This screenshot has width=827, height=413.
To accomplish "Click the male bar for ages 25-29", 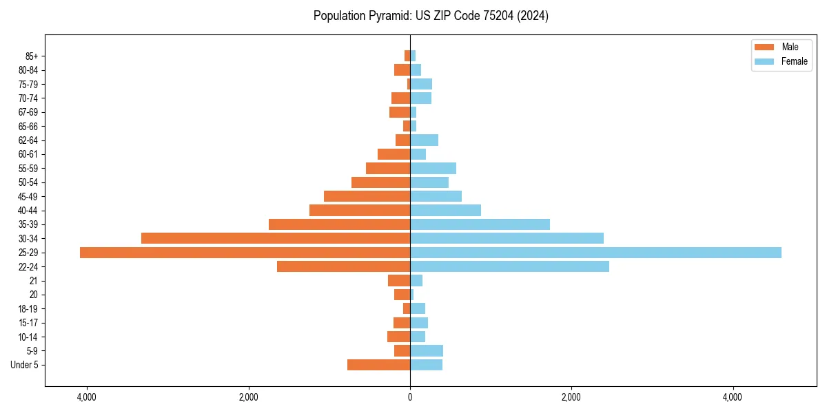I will pos(245,253).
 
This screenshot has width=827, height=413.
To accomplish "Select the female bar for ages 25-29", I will pos(595,253).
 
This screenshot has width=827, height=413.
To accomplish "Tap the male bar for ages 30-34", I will pos(276,238).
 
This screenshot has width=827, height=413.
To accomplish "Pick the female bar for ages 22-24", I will pos(509,266).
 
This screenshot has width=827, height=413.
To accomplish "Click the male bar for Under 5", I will pos(378,365).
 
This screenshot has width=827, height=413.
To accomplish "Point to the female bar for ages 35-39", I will pos(480,224).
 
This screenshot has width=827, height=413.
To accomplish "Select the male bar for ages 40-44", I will pos(360,210).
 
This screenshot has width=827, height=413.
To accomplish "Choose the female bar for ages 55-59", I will pos(433,168).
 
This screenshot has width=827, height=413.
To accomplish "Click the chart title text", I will pos(431,16).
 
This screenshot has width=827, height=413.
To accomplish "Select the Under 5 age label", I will pos(25,365).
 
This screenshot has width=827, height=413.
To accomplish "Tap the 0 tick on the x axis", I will pos(410,397).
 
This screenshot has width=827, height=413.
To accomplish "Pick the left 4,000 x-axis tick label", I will pos(87,397).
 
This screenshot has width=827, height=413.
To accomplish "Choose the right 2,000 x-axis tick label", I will pos(571,397).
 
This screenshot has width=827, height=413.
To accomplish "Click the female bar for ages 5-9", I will pos(427,350).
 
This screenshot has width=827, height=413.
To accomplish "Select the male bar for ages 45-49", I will pos(367,196).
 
